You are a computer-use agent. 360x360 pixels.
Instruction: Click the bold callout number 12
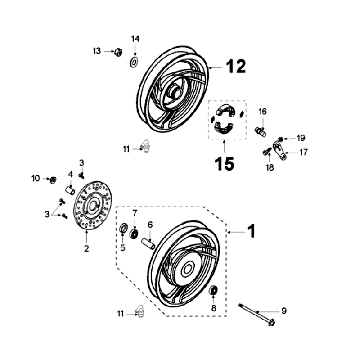point(236,67)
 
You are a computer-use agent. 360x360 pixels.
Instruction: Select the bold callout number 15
point(225,163)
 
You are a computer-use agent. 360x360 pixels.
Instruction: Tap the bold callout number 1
point(252,231)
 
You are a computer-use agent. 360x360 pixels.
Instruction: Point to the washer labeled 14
point(134,62)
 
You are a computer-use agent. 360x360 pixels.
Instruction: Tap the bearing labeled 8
point(214,290)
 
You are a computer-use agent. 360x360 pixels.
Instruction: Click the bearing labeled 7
point(134,234)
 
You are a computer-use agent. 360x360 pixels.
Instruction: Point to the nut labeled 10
point(53,180)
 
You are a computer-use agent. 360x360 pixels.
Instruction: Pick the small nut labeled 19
point(280,138)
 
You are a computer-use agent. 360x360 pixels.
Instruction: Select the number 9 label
point(283,310)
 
